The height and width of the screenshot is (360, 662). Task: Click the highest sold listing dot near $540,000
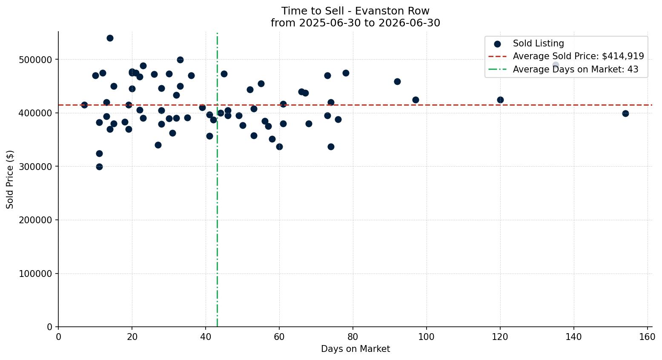coord(110,38)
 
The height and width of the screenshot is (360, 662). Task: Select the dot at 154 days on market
coord(625,114)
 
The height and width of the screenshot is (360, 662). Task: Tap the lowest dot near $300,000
coord(99,167)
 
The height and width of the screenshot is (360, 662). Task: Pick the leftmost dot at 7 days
coord(84,105)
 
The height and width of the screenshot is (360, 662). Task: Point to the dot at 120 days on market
coord(500,100)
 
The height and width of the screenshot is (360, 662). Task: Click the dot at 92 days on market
coord(397,82)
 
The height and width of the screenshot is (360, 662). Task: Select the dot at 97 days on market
coord(416,100)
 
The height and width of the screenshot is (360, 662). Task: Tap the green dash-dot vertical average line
coord(217,180)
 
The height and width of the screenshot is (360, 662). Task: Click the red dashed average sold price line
coord(355,105)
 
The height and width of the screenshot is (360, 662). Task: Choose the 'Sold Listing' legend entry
coord(529,43)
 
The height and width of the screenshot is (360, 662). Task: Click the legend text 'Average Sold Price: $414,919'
coord(579,56)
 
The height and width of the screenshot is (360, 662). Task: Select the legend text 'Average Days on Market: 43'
coord(576,69)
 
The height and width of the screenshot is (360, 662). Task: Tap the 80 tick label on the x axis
coord(353,337)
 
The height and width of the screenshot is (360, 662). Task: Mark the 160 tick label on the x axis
coord(647,337)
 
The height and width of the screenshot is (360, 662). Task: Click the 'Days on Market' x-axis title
coord(355,349)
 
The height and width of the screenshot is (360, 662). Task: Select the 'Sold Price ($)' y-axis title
coord(10,179)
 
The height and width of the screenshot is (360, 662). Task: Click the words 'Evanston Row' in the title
coord(392,11)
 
